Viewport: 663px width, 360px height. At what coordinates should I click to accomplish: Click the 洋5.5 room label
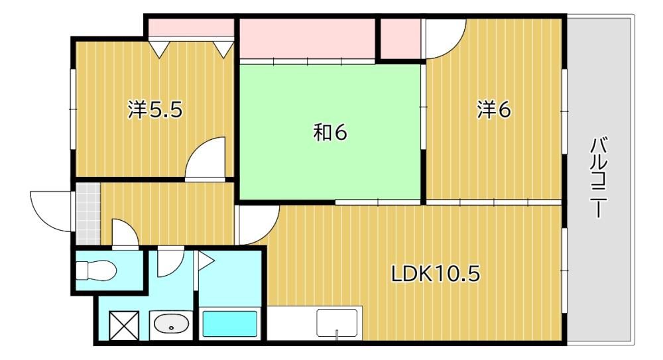coord(155,110)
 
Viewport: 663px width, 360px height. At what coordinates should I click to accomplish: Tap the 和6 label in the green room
coord(330,133)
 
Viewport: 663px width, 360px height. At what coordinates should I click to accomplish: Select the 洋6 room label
coord(494,109)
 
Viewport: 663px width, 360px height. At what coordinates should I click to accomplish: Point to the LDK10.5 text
coord(436,274)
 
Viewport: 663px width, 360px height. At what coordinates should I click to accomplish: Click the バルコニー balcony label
coord(598,178)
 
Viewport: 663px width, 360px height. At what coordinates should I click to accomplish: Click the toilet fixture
coord(96,269)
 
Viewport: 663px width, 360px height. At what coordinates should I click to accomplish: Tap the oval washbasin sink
coord(171,325)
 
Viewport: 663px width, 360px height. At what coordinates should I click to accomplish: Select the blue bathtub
coord(230,324)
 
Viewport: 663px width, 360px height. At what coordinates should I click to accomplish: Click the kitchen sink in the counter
coord(337,323)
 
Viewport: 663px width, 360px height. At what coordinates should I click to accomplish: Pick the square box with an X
coord(124,326)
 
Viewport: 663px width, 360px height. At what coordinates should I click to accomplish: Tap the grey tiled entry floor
coord(88,213)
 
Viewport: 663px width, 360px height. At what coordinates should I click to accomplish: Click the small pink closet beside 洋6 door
coord(400,38)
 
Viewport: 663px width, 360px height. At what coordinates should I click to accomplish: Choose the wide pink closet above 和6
coord(308,38)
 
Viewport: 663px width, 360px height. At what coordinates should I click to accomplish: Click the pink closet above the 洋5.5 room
coord(191,28)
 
